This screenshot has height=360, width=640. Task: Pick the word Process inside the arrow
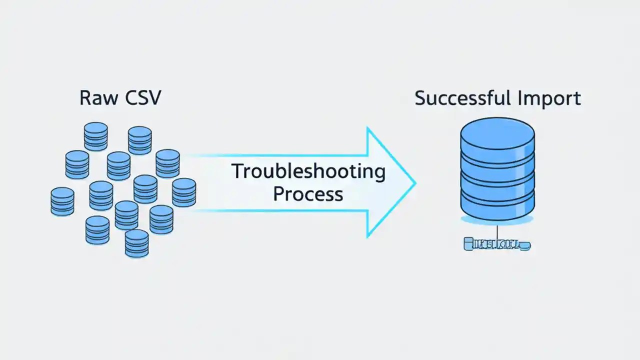click(x=308, y=193)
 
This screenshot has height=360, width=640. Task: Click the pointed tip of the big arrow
click(x=414, y=183)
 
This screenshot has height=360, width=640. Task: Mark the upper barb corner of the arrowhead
click(x=368, y=128)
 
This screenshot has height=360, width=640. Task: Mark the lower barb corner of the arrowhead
click(x=368, y=236)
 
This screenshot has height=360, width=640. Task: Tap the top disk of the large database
click(x=497, y=133)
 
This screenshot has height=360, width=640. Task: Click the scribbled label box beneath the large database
click(x=497, y=244)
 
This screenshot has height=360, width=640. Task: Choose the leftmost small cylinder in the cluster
click(x=62, y=201)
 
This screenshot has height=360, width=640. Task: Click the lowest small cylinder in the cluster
click(x=136, y=243)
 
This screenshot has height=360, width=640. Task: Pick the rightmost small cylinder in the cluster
click(x=184, y=192)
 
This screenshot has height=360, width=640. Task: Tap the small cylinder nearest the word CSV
click(x=140, y=140)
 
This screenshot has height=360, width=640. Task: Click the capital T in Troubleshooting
click(x=237, y=172)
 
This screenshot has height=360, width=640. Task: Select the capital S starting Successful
click(x=420, y=98)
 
